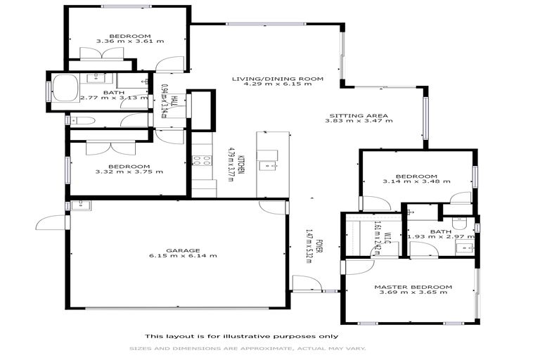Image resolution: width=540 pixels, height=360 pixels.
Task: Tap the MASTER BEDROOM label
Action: (x=413, y=287)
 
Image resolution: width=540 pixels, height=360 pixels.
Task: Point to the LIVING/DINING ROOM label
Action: (x=278, y=79)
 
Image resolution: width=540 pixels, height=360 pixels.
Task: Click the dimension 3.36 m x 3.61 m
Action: (x=129, y=41)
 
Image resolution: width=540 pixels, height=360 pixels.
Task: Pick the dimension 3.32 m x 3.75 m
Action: (x=129, y=171)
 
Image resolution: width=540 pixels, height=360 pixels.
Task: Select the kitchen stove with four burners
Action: (x=202, y=160)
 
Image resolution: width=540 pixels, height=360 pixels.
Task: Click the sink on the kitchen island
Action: (x=266, y=166)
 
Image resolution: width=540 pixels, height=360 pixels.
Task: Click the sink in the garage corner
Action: (x=78, y=205)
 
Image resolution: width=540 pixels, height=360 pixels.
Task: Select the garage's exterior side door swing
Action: (x=51, y=222)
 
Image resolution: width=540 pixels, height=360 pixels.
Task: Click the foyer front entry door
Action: (x=307, y=283)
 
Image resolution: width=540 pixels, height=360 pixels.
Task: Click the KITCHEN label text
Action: (x=240, y=167)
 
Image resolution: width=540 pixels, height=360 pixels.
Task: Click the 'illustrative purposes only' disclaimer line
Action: (x=241, y=335)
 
